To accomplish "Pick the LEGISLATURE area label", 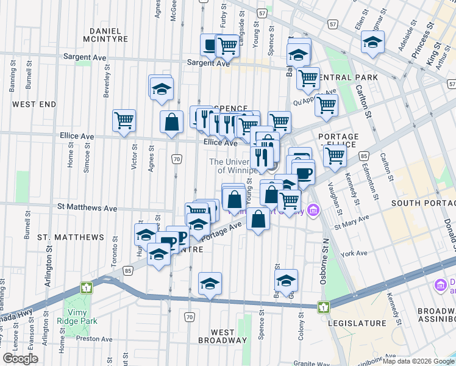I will click(358, 323).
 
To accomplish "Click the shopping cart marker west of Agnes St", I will click(124, 120).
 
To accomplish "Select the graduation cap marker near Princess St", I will click(372, 41).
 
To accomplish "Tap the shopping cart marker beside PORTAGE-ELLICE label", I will click(335, 155).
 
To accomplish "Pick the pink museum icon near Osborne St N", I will click(313, 210).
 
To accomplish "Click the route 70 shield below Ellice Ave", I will click(176, 159).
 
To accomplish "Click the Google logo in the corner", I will click(21, 359).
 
